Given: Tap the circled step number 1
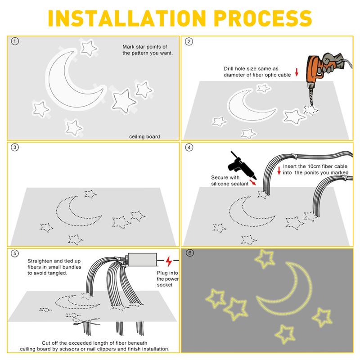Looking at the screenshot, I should (15, 42).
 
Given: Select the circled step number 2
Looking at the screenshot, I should (189, 42).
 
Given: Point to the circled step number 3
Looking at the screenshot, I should (15, 148).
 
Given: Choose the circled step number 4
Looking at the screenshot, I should (189, 148).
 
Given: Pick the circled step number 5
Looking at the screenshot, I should (15, 253).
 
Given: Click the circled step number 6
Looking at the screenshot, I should (189, 253).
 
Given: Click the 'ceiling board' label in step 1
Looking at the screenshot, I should (144, 136).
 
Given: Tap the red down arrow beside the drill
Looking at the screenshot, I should (297, 72).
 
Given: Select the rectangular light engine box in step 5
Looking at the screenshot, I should (143, 259).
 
